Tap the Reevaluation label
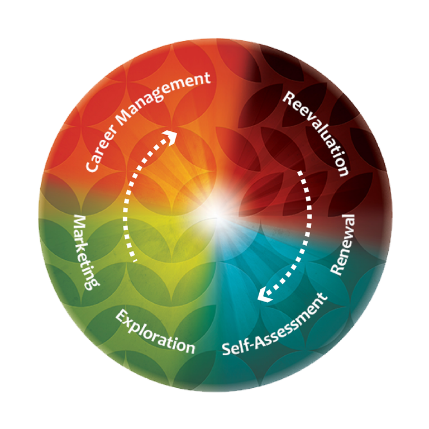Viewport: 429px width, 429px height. (x=317, y=134)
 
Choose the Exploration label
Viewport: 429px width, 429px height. (x=155, y=332)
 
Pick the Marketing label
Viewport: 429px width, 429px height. (x=85, y=252)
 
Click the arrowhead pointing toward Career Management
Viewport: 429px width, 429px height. (x=170, y=137)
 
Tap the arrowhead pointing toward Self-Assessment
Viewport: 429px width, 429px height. (x=265, y=295)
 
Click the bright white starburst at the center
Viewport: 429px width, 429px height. (x=218, y=214)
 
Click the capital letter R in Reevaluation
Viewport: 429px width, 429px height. (x=288, y=99)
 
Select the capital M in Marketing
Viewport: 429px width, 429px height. (x=79, y=221)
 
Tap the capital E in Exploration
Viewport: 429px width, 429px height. (x=121, y=316)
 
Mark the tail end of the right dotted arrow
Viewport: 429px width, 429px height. (x=301, y=173)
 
